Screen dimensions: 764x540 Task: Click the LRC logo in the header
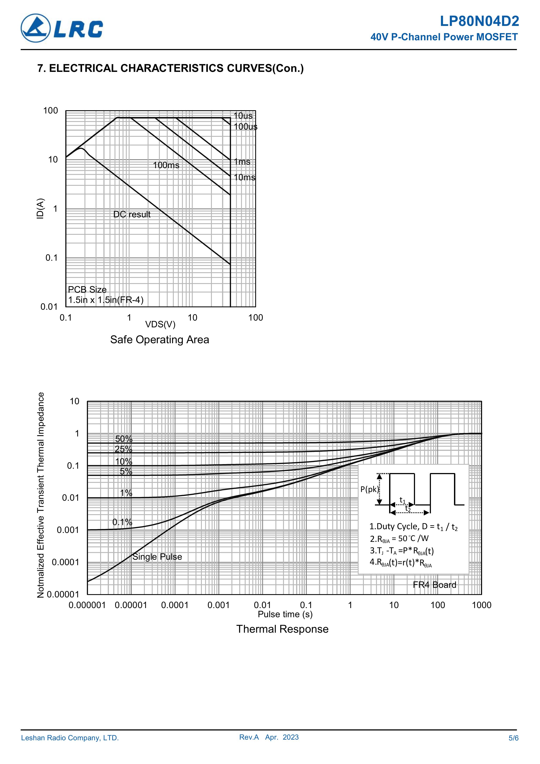coord(62,28)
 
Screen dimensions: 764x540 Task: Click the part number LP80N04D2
coord(479,22)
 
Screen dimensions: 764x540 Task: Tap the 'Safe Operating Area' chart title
coord(160,340)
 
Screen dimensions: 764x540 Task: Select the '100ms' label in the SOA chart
coord(166,165)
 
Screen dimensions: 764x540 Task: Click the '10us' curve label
coord(243,116)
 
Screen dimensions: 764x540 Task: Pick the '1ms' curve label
coord(242,162)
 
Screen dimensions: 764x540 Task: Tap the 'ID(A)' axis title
coord(40,209)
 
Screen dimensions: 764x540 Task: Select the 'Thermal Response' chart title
coord(282,629)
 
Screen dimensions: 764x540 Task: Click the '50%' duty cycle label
coord(124,439)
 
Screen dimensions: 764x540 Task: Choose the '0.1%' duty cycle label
coord(122,522)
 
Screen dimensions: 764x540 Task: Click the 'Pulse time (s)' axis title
coord(285,614)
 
